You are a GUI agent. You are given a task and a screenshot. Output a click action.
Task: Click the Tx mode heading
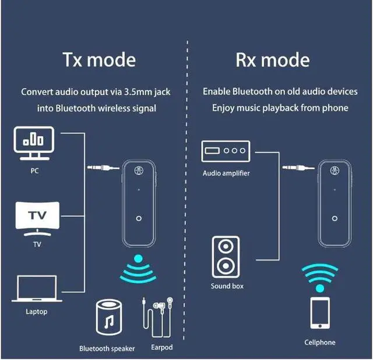pyautogui.click(x=99, y=60)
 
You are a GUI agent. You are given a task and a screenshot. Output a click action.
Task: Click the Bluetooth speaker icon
pyautogui.click(x=107, y=320)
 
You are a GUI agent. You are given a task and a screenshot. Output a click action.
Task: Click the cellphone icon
pyautogui.click(x=319, y=315)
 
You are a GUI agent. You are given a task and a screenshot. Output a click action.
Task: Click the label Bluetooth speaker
pyautogui.click(x=107, y=348)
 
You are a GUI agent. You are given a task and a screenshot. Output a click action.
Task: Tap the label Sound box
pyautogui.click(x=227, y=286)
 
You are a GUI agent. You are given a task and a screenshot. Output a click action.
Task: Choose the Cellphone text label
pyautogui.click(x=320, y=343)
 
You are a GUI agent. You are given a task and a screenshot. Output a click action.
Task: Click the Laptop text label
pyautogui.click(x=36, y=312)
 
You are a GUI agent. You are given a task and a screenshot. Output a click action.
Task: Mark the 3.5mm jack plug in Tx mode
pyautogui.click(x=101, y=168)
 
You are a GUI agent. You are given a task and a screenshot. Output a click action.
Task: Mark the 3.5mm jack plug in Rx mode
pyautogui.click(x=297, y=168)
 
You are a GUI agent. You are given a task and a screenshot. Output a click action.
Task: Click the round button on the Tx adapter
pyautogui.click(x=138, y=219)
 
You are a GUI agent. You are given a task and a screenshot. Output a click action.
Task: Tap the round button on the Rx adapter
pyautogui.click(x=335, y=219)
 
